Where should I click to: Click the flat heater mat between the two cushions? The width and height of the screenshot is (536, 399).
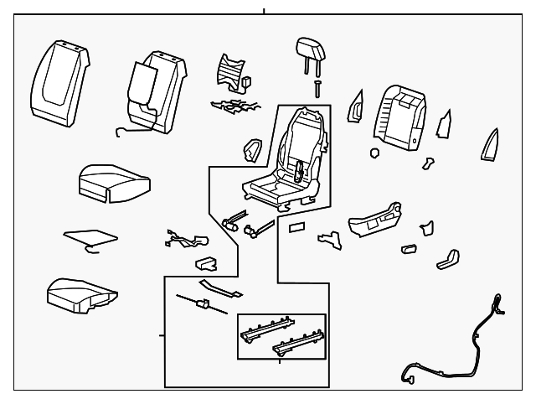click(90, 238)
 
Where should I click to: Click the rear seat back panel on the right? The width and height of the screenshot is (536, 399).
click(400, 117)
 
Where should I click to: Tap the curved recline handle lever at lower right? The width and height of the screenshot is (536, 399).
click(450, 256)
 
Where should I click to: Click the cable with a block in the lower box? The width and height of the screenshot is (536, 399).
click(201, 303)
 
